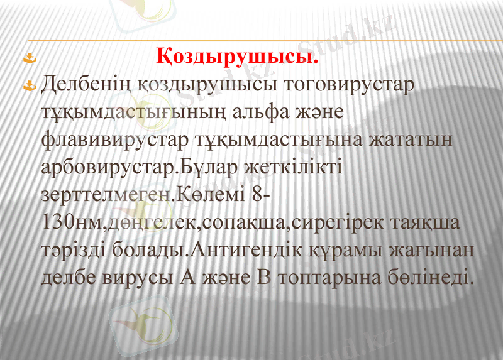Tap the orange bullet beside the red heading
(x=27, y=60)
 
